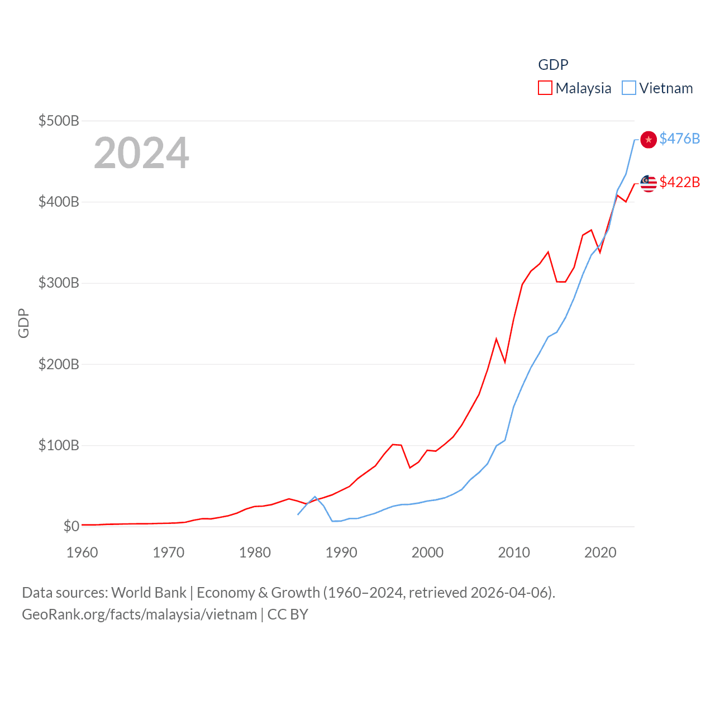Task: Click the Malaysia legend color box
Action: (545, 88)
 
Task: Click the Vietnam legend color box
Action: (628, 88)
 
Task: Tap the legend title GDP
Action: (553, 65)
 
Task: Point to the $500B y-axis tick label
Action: (59, 121)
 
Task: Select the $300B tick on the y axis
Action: (59, 283)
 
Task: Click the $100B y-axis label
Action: (59, 446)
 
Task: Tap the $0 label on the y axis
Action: (71, 526)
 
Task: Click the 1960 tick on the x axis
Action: (82, 552)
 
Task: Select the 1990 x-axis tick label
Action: (341, 552)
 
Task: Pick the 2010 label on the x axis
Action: (514, 552)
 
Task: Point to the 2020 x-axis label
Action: (600, 552)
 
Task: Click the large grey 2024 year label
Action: (141, 153)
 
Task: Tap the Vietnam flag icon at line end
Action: (648, 139)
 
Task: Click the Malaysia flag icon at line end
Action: (648, 183)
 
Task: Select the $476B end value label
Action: (679, 139)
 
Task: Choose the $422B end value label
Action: (679, 182)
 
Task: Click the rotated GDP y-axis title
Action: (23, 323)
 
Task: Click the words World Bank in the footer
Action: (149, 593)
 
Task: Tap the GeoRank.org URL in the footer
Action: (139, 614)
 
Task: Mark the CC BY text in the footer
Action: (288, 614)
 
